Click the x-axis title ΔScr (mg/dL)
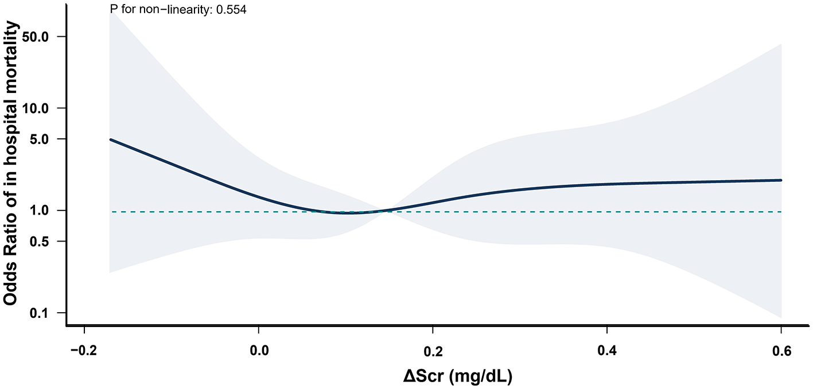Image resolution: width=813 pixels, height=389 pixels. [x=457, y=376]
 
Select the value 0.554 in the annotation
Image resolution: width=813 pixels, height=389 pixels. [x=232, y=10]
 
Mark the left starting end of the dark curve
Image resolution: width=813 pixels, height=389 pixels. [x=111, y=139]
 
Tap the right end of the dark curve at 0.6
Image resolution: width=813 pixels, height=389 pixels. [x=781, y=180]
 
